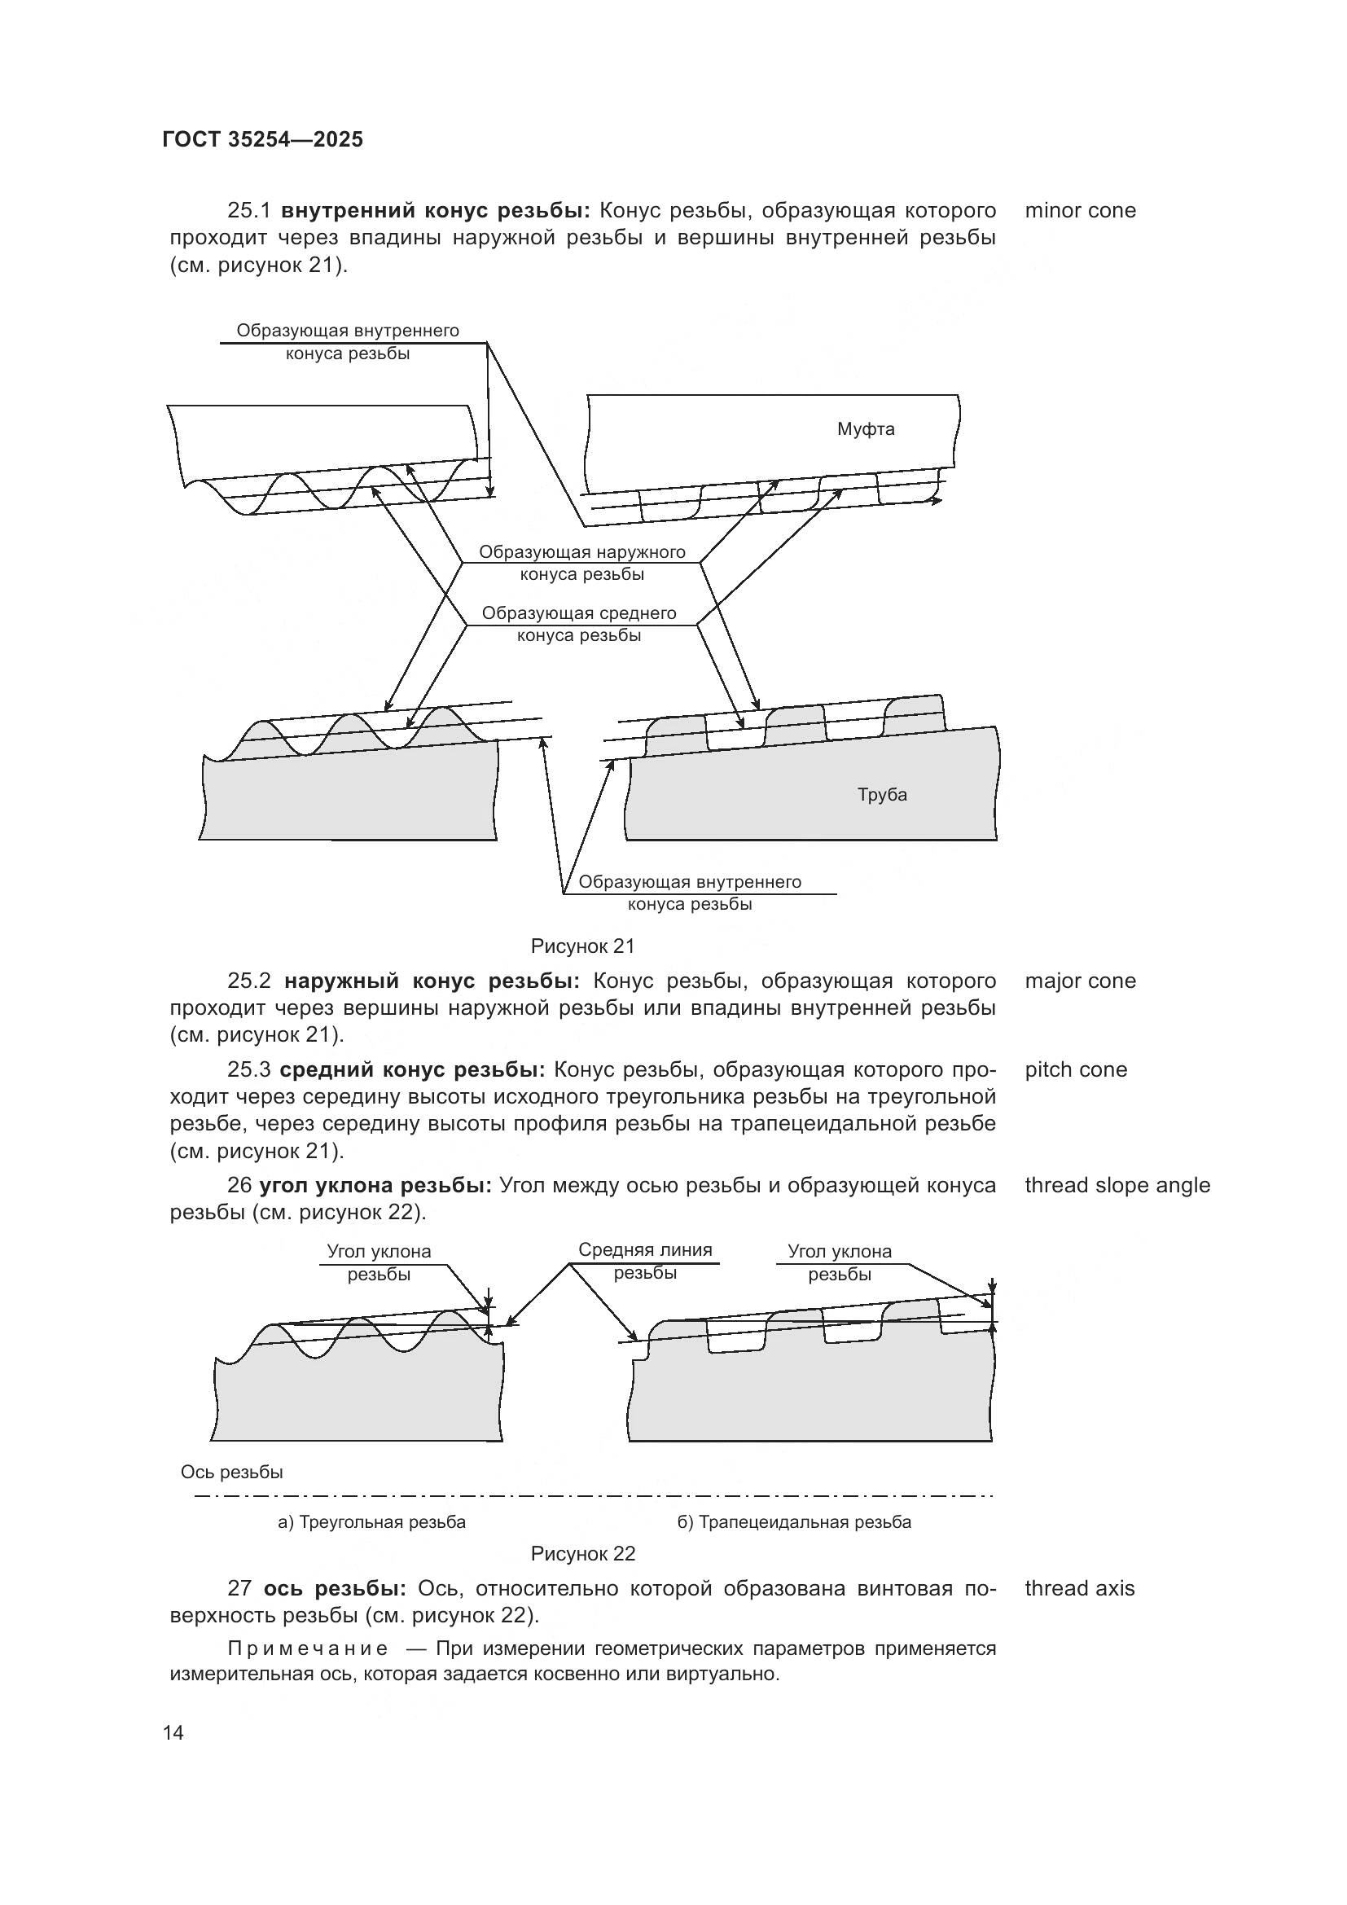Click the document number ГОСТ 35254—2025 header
pos(262,139)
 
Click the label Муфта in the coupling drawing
pos(865,429)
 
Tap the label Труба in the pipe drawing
pos(882,794)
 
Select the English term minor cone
pos(1080,210)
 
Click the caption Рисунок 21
pos(582,945)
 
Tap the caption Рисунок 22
pos(582,1553)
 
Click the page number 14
pos(173,1732)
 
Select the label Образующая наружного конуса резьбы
pos(581,563)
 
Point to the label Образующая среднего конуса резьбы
pos(579,624)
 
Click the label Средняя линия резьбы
pos(644,1261)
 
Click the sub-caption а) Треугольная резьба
pos(371,1521)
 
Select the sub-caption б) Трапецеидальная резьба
pos(794,1521)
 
